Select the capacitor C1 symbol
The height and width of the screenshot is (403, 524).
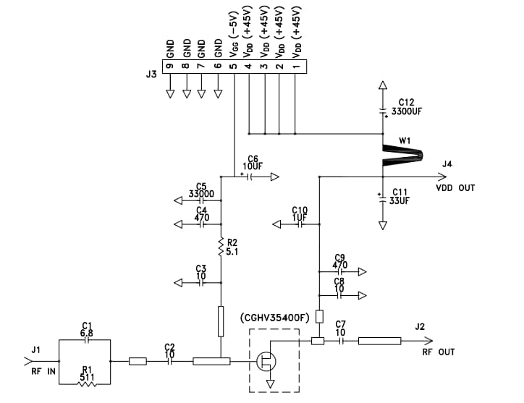point(86,339)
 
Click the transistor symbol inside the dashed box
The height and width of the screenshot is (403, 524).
point(265,360)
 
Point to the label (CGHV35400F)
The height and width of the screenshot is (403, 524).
point(274,318)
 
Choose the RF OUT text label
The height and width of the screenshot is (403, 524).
point(439,352)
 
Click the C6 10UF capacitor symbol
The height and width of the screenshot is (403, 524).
point(251,175)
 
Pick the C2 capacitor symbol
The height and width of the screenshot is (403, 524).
point(170,361)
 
